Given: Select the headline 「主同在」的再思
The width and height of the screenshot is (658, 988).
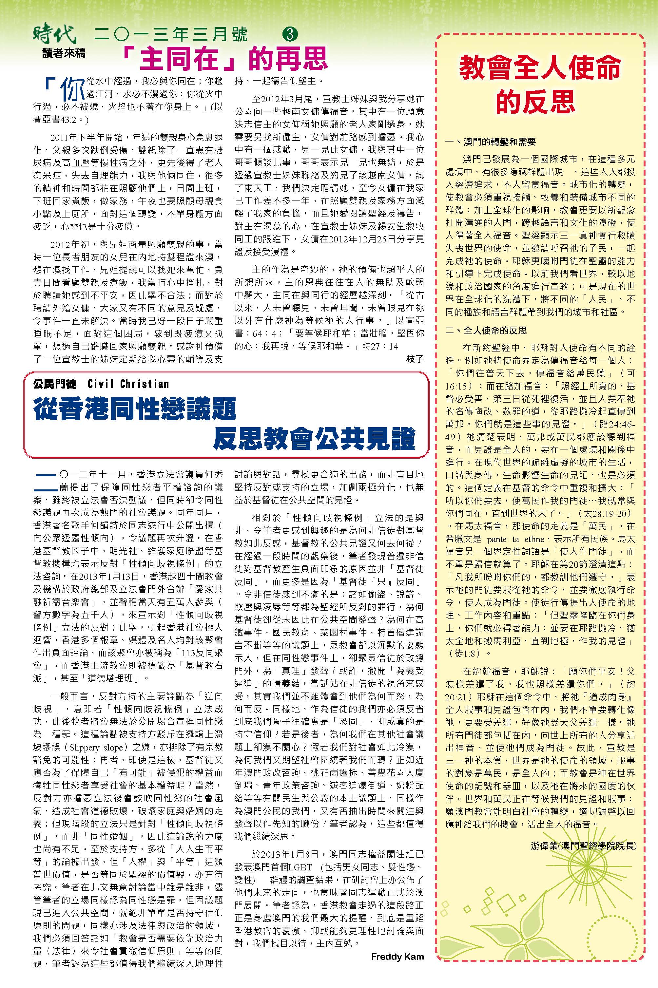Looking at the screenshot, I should tap(226, 58).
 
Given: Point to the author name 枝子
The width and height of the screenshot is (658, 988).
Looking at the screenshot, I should tap(415, 357).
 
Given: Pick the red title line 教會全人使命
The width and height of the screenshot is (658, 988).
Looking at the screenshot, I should tap(540, 68).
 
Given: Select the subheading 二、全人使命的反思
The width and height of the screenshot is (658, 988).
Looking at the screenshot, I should tap(486, 330).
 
